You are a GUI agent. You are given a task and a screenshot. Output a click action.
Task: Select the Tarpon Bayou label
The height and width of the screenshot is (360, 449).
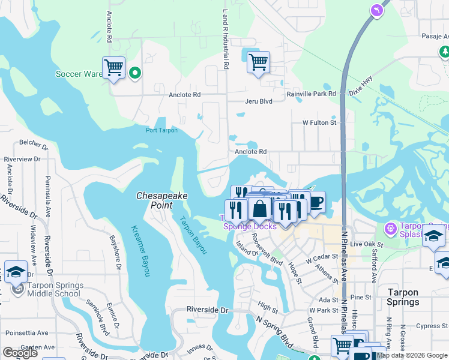(x=193, y=234)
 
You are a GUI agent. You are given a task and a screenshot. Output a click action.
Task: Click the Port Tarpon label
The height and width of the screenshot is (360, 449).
(x=161, y=130)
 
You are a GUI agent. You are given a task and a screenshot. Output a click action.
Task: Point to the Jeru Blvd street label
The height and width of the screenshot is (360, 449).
(x=258, y=102)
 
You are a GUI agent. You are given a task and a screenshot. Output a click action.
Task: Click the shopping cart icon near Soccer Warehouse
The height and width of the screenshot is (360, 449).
(x=113, y=67)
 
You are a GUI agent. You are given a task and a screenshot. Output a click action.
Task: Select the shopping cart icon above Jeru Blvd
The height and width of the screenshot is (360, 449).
(x=258, y=62)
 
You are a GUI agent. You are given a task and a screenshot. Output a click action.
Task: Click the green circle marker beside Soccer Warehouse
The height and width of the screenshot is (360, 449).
(x=135, y=73)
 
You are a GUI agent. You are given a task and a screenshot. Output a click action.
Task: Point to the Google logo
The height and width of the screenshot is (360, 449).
(x=20, y=353)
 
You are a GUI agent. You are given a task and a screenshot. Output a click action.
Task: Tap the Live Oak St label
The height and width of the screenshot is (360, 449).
(x=366, y=245)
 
